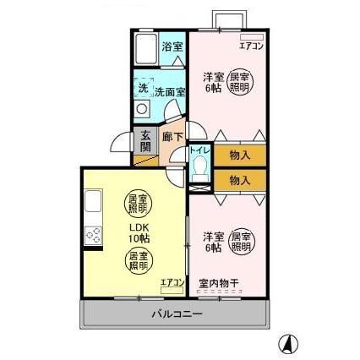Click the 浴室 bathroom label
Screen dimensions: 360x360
(x=172, y=46)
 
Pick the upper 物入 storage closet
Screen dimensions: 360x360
(x=239, y=155)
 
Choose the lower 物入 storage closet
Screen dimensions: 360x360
(x=239, y=180)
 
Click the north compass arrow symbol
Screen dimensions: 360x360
(x=288, y=343)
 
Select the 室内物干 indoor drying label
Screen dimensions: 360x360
(x=215, y=283)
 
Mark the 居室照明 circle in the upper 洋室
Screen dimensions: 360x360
(x=240, y=82)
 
